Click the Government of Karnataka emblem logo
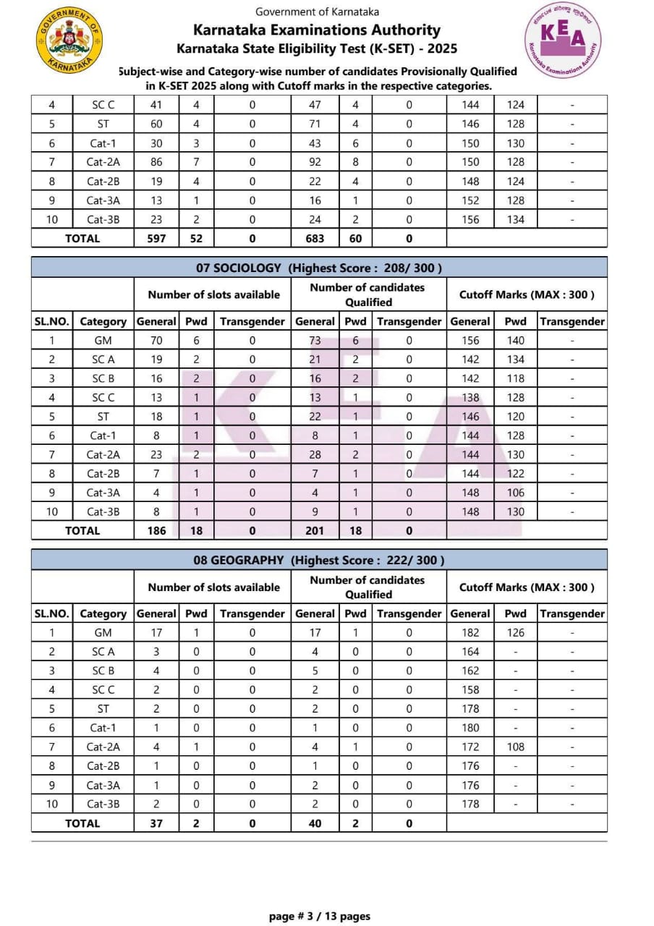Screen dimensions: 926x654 69,41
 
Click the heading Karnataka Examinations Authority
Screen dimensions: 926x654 317,30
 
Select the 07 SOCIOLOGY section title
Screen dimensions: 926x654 319,268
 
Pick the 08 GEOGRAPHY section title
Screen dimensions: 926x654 319,560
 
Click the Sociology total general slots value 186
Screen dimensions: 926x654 156,530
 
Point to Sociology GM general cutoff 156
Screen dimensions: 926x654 470,340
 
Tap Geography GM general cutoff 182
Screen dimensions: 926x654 470,632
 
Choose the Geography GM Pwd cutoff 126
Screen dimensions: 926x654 515,632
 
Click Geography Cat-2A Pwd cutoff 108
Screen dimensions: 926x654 515,747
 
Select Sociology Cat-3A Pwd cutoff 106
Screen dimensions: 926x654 515,493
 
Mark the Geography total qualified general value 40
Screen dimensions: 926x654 315,823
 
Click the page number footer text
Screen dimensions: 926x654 319,916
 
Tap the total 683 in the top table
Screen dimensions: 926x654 315,238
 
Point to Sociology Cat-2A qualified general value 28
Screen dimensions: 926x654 315,454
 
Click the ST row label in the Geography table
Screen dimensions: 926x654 103,708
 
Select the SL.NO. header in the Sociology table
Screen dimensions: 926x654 51,321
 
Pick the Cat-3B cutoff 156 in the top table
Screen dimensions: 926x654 470,219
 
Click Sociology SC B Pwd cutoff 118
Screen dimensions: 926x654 515,378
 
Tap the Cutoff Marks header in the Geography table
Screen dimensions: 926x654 527,587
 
